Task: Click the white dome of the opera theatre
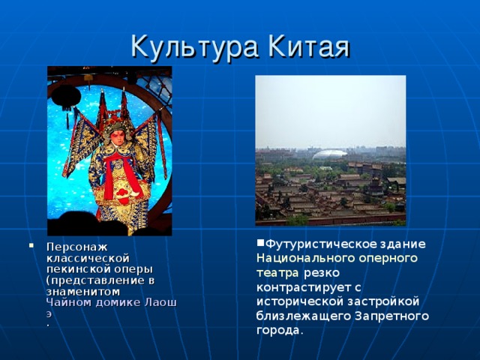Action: (329, 154)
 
